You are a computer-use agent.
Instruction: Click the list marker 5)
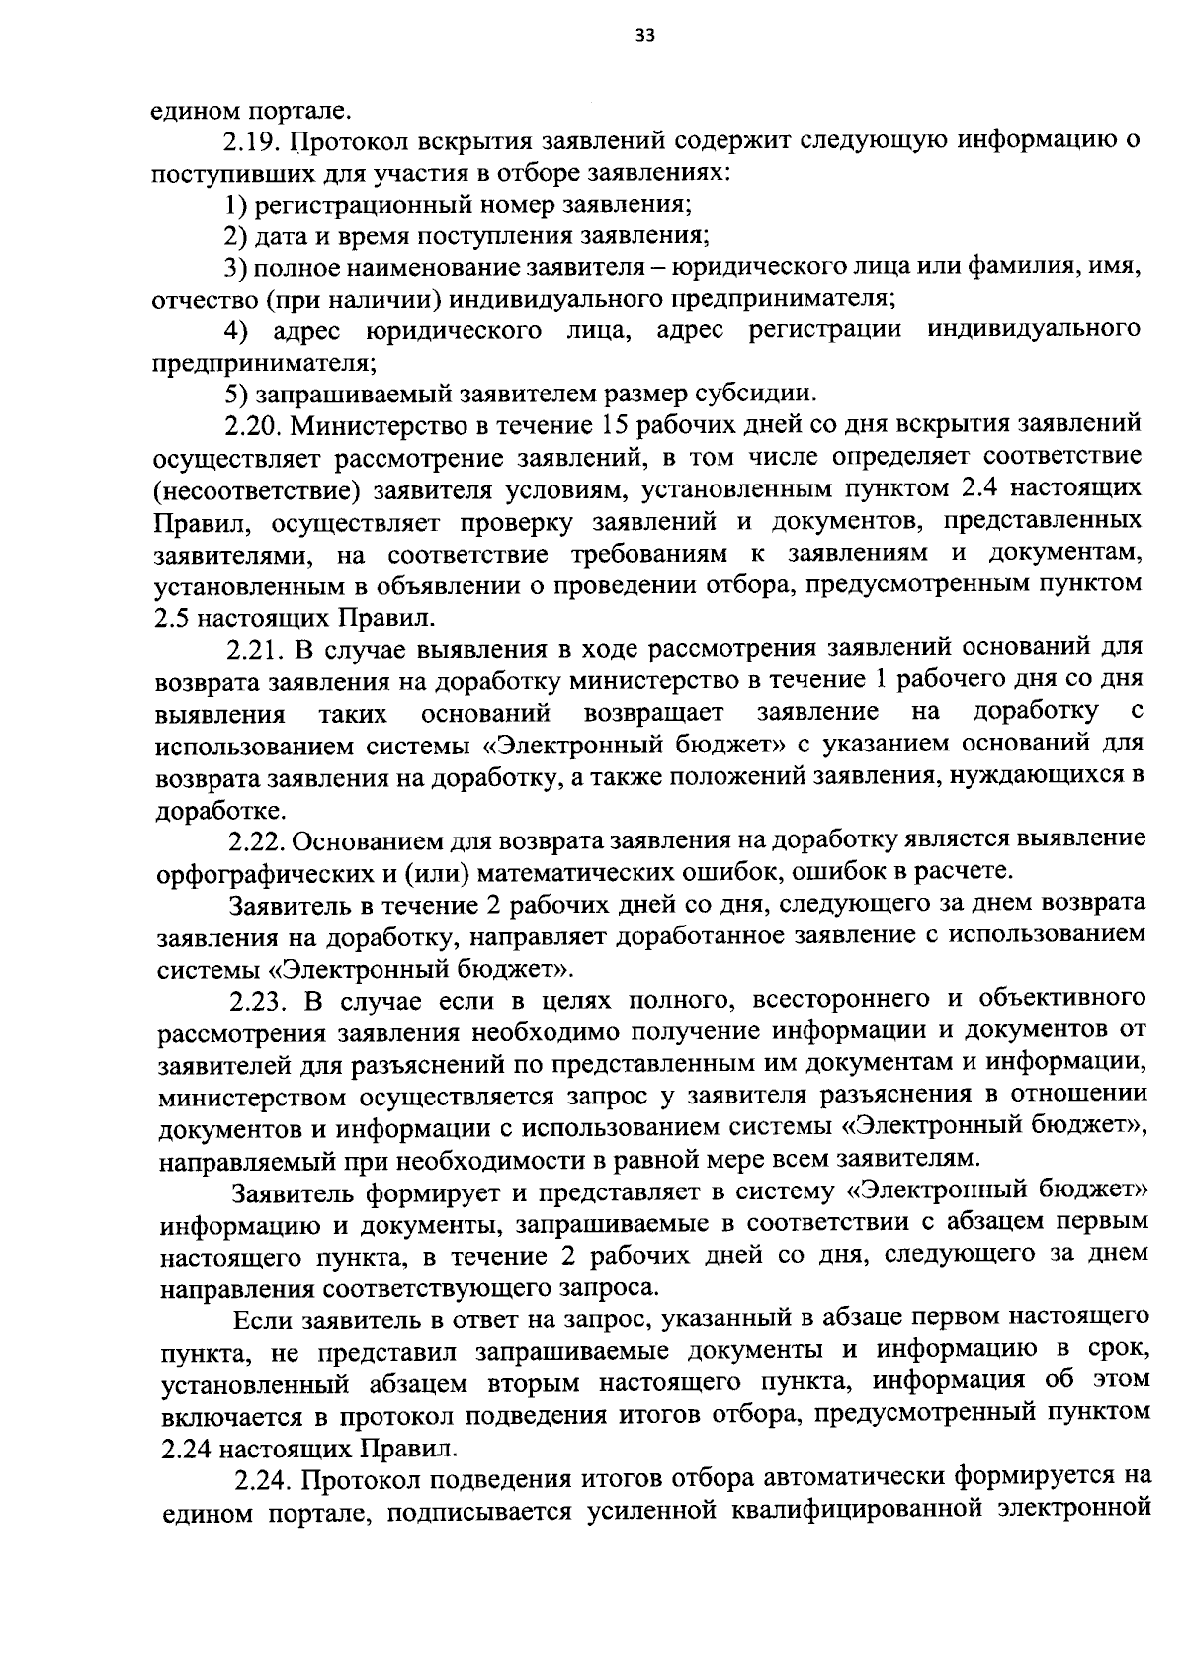(x=235, y=394)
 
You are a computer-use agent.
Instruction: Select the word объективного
(x=1059, y=1001)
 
